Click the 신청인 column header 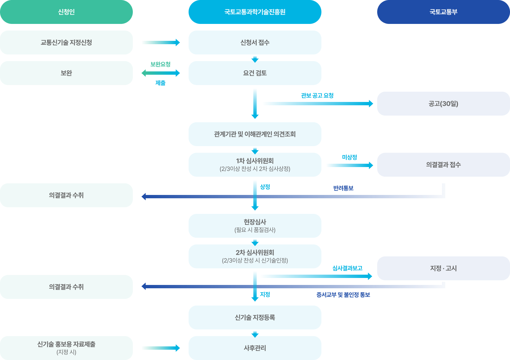coord(66,12)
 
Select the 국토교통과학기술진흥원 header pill coord(255,12)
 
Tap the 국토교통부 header coord(443,12)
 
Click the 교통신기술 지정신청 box coord(66,43)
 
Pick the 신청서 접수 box coord(255,43)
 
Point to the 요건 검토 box coord(255,73)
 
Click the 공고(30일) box coord(443,104)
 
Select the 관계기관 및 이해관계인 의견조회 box coord(255,134)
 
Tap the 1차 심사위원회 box coord(255,165)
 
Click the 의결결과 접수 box coord(443,165)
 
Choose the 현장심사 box coord(255,226)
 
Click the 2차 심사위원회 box coord(255,256)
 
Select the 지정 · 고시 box coord(443,268)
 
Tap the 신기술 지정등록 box coord(255,317)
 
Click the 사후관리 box coord(255,348)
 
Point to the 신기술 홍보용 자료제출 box coord(66,348)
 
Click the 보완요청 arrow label coord(160,64)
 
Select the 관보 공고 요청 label coord(317,96)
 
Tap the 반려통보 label coord(343,188)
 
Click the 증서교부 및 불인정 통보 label coord(343,295)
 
